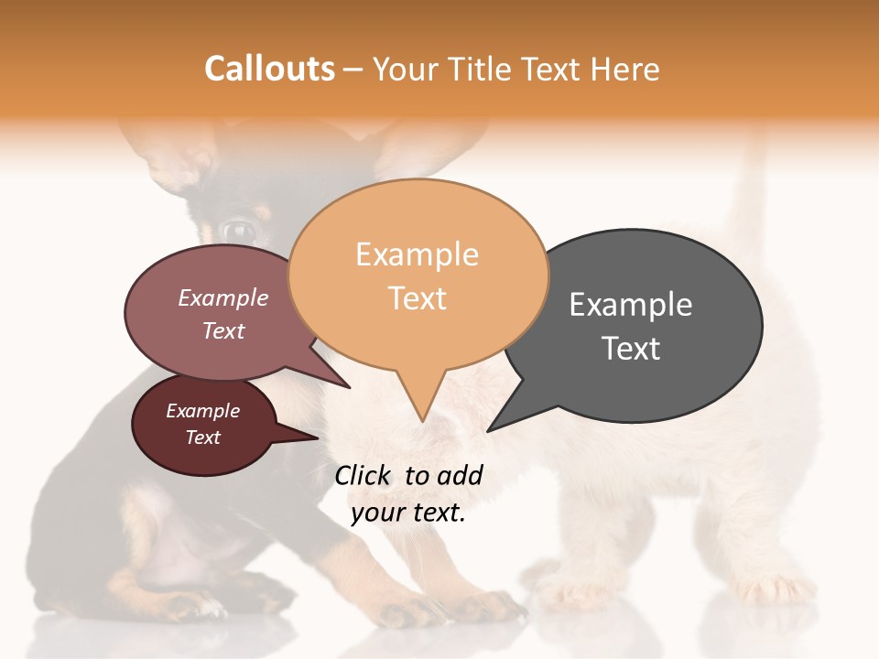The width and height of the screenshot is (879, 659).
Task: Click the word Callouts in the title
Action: click(x=269, y=69)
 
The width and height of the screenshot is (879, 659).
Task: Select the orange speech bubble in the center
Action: click(x=418, y=275)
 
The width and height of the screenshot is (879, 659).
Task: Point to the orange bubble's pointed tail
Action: click(x=421, y=403)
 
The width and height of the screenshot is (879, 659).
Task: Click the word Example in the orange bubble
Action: click(x=417, y=254)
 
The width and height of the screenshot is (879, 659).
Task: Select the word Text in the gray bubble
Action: click(x=631, y=349)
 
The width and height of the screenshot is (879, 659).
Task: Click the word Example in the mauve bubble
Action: click(x=222, y=297)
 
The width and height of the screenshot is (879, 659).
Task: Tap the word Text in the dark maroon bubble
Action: click(x=203, y=438)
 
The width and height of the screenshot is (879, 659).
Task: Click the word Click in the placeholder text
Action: click(x=364, y=475)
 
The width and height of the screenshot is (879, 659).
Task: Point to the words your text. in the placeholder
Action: click(x=408, y=513)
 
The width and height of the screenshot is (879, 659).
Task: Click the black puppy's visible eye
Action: click(x=240, y=229)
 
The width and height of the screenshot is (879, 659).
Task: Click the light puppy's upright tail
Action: click(x=751, y=183)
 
